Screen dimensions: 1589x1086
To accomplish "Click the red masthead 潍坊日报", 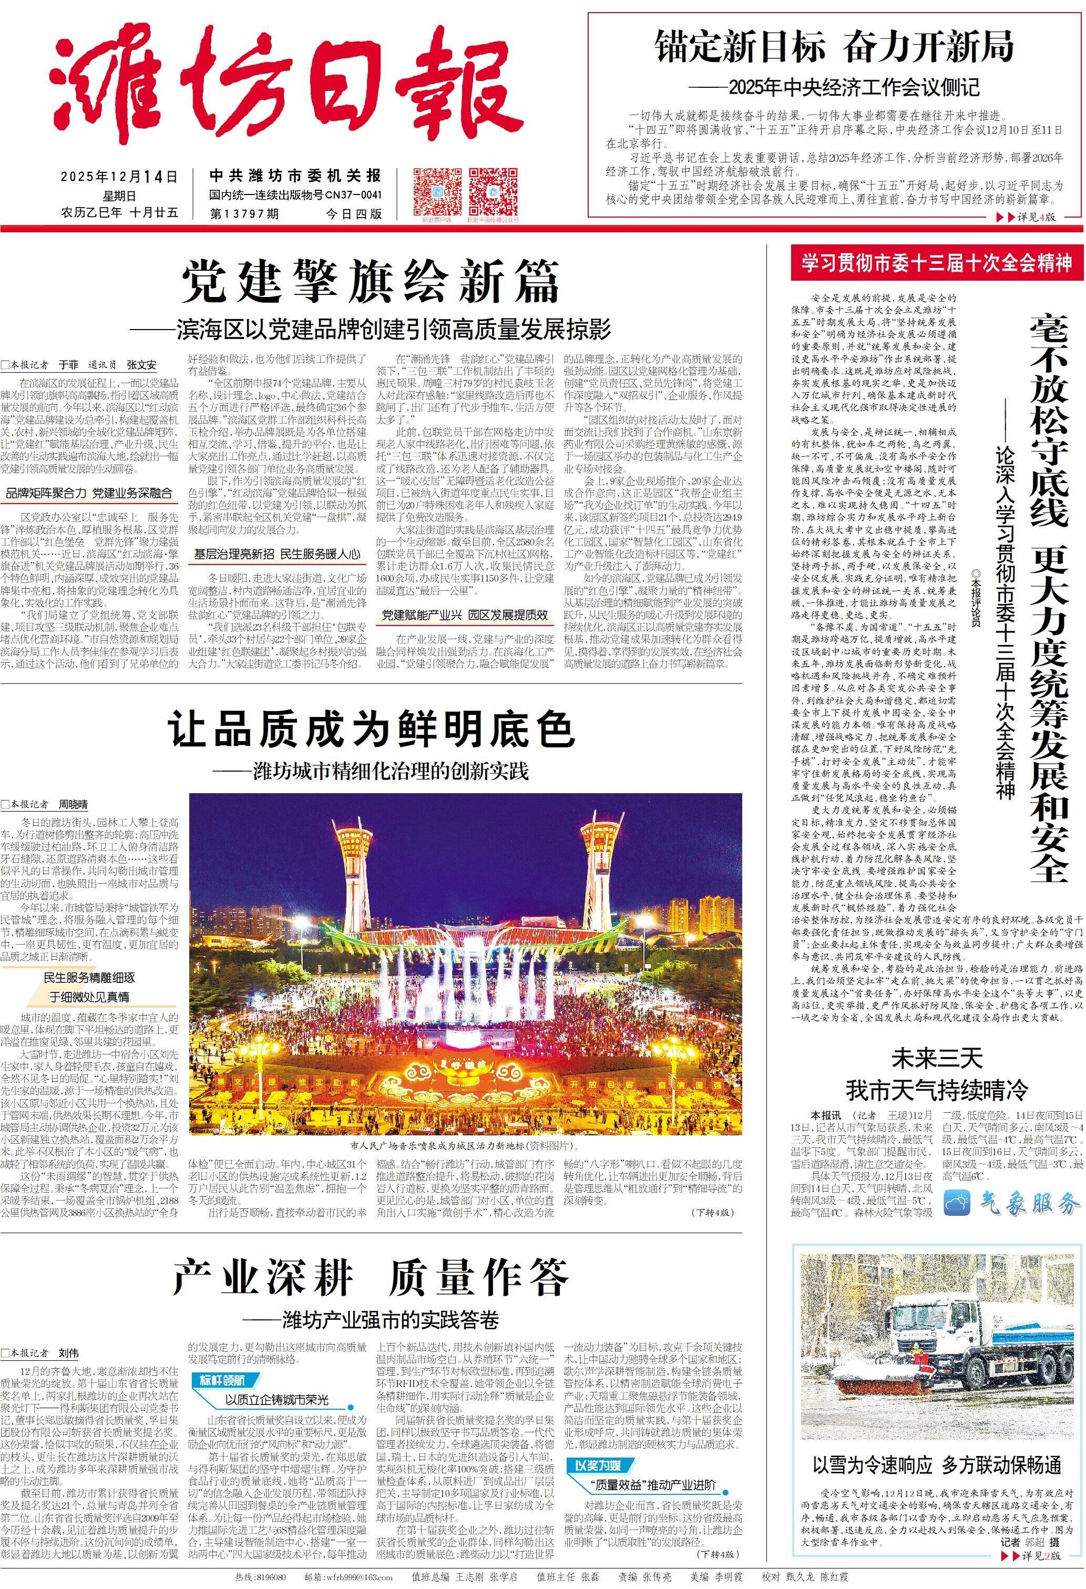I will pyautogui.click(x=287, y=89).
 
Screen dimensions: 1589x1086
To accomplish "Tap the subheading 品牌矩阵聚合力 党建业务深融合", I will pyautogui.click(x=89, y=493).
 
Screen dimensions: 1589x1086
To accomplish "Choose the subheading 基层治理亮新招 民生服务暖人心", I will pyautogui.click(x=276, y=554).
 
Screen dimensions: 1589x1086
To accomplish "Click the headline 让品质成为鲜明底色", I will pyautogui.click(x=371, y=729).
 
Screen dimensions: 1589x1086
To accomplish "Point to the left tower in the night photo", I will pyautogui.click(x=356, y=868).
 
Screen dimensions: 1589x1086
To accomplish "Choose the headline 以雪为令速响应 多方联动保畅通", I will pyautogui.click(x=936, y=1464).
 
